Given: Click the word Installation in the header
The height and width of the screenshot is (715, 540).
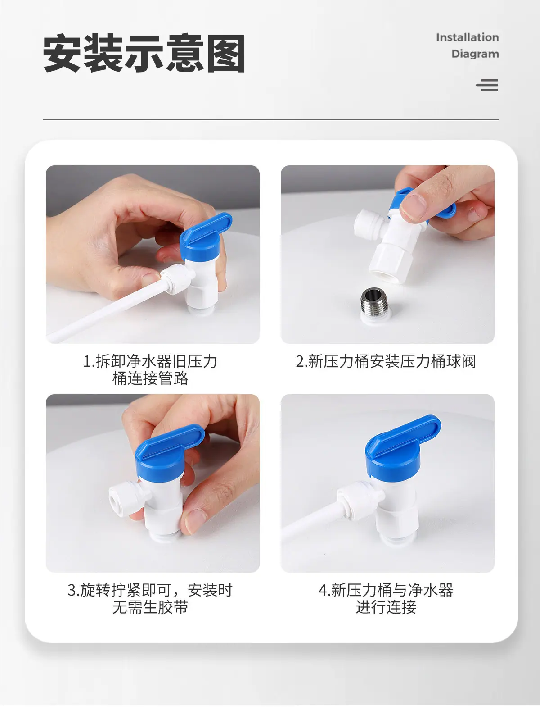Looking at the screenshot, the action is [x=468, y=37].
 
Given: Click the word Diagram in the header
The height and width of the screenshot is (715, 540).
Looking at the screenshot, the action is [x=475, y=54].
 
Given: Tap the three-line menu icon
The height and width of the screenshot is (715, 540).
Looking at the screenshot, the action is [x=487, y=85].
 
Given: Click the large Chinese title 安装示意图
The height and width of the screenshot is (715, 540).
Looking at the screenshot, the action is [x=144, y=53].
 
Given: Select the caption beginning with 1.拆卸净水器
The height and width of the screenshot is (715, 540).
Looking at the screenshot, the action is [x=150, y=370].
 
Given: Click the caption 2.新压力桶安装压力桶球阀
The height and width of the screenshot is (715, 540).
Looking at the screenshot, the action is [x=386, y=361].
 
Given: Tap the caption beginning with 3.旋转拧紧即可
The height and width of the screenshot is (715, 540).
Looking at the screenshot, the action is [x=150, y=599].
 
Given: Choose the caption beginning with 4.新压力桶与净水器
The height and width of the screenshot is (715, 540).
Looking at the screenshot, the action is [x=386, y=599].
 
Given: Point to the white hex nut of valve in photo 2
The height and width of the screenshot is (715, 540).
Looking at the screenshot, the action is [x=389, y=260].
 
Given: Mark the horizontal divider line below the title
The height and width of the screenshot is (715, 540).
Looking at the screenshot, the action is [x=270, y=119].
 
